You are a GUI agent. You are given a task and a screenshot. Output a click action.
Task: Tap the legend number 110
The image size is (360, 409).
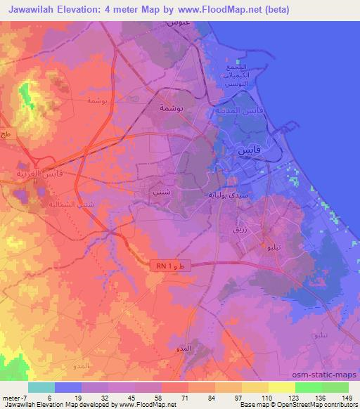(266, 398)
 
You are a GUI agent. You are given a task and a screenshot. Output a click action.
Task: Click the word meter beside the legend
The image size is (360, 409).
(9, 398)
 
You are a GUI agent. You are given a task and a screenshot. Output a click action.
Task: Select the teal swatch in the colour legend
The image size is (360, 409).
(41, 387)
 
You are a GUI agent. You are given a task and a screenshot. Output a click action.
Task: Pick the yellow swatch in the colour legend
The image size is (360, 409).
(282, 387)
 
